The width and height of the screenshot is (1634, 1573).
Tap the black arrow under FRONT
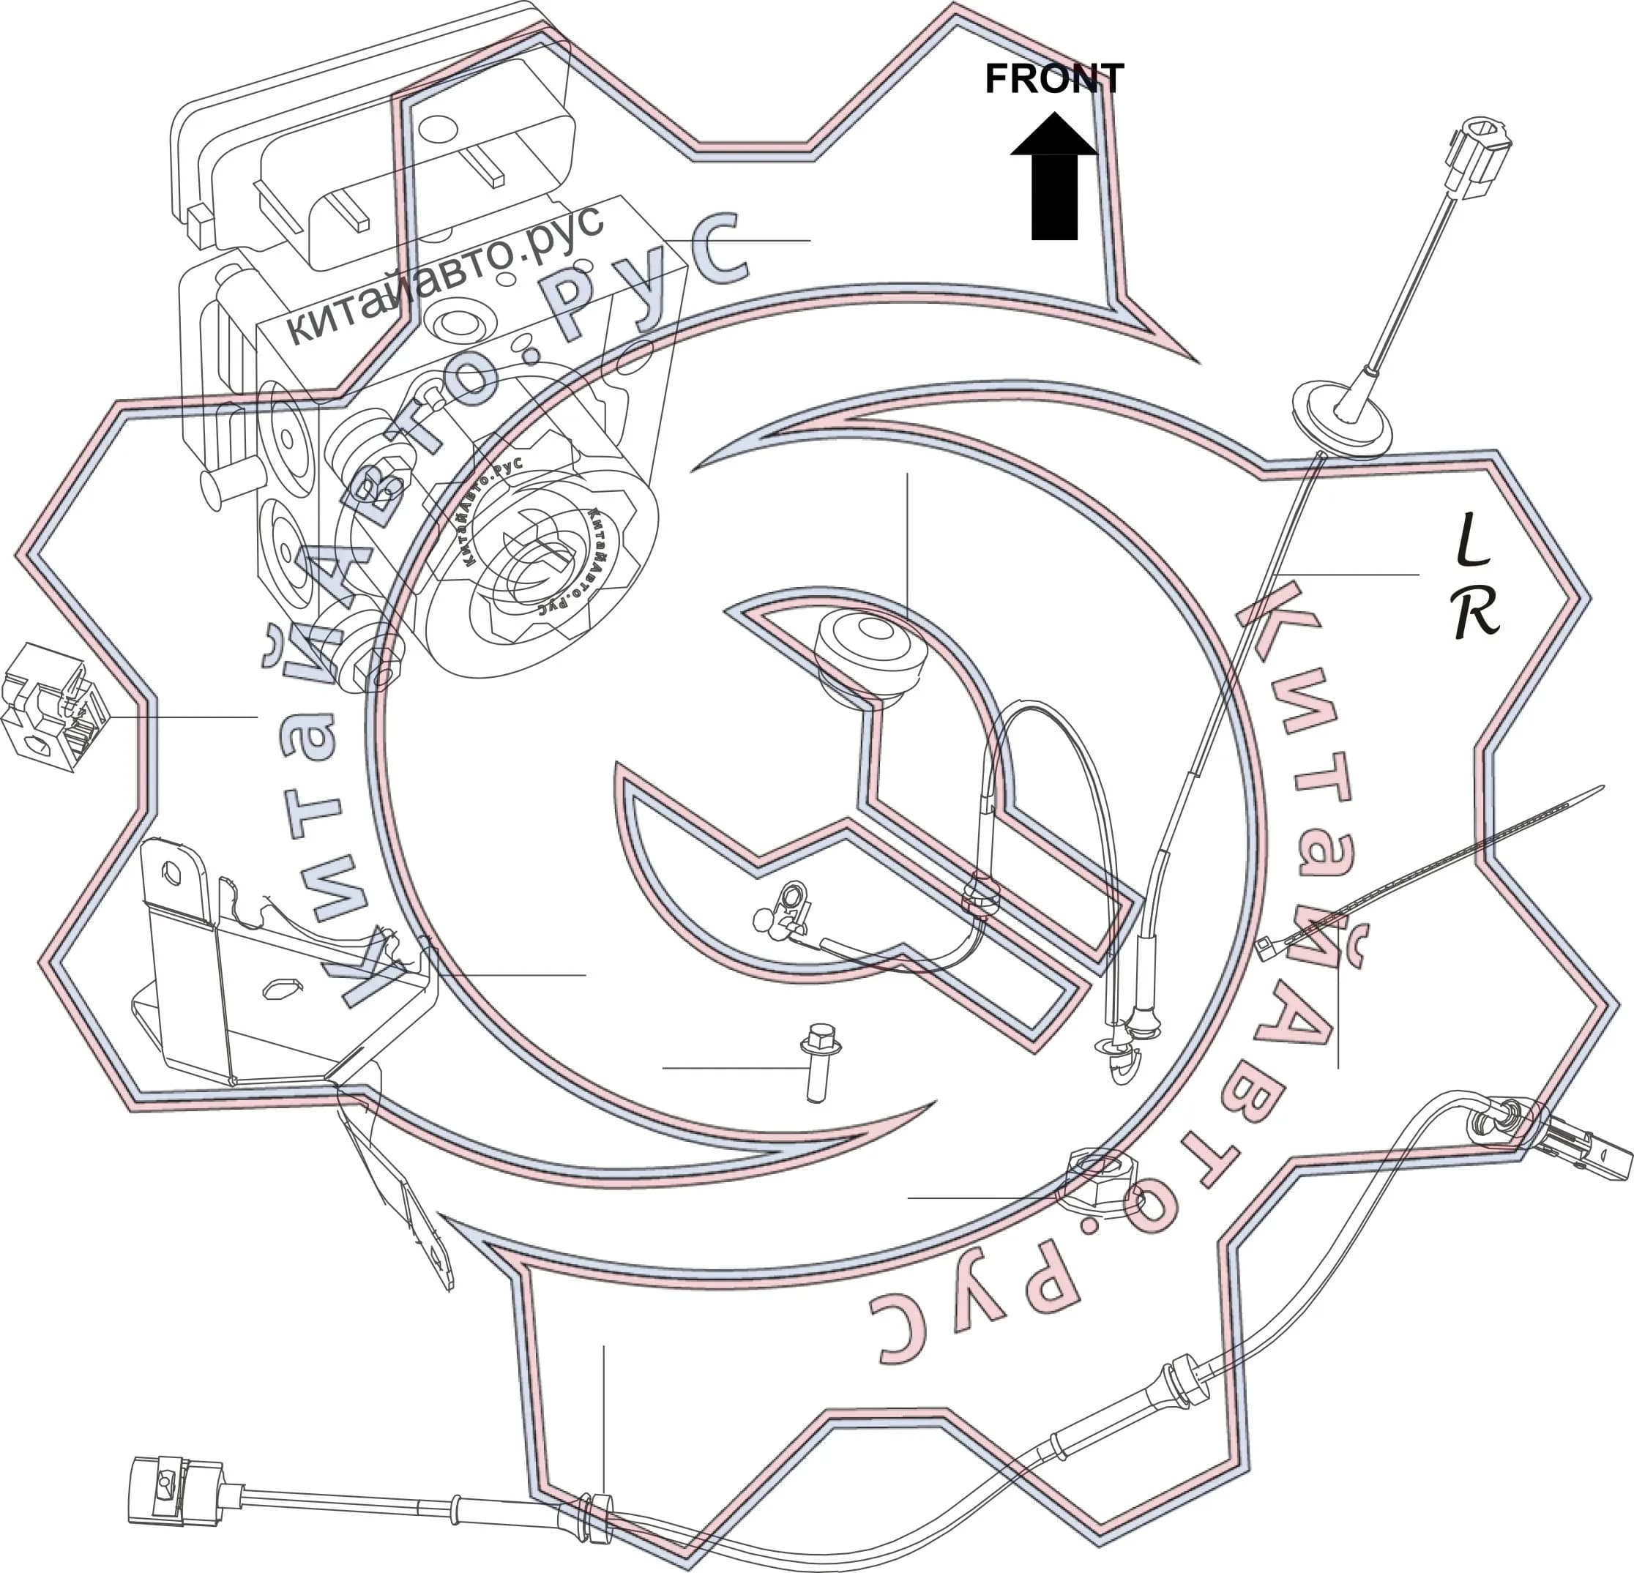(1053, 176)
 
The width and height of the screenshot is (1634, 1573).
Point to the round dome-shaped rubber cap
(870, 655)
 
